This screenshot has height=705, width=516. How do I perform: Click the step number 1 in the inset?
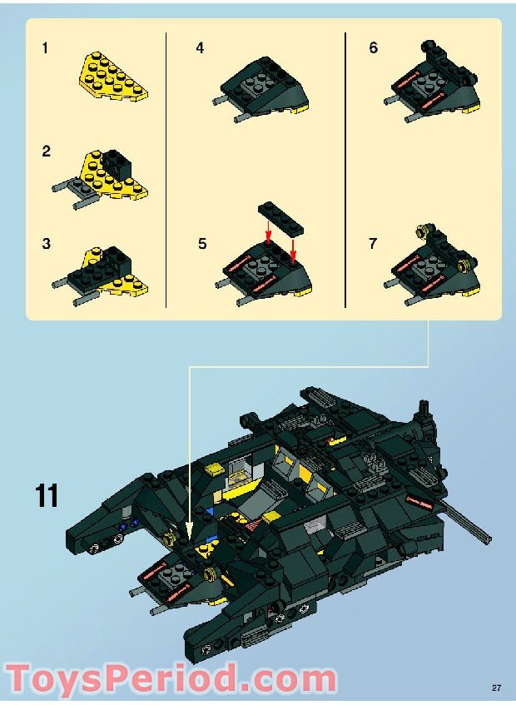point(45,48)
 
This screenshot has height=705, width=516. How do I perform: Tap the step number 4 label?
point(200,48)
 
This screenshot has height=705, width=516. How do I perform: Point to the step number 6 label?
point(374,48)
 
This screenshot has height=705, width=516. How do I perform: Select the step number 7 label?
point(373,244)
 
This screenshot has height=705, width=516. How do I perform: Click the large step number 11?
point(47,496)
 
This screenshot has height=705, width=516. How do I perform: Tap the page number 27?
point(496,688)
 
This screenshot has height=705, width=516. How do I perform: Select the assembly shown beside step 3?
point(104,271)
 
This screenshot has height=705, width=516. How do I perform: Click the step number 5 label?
point(202,244)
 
